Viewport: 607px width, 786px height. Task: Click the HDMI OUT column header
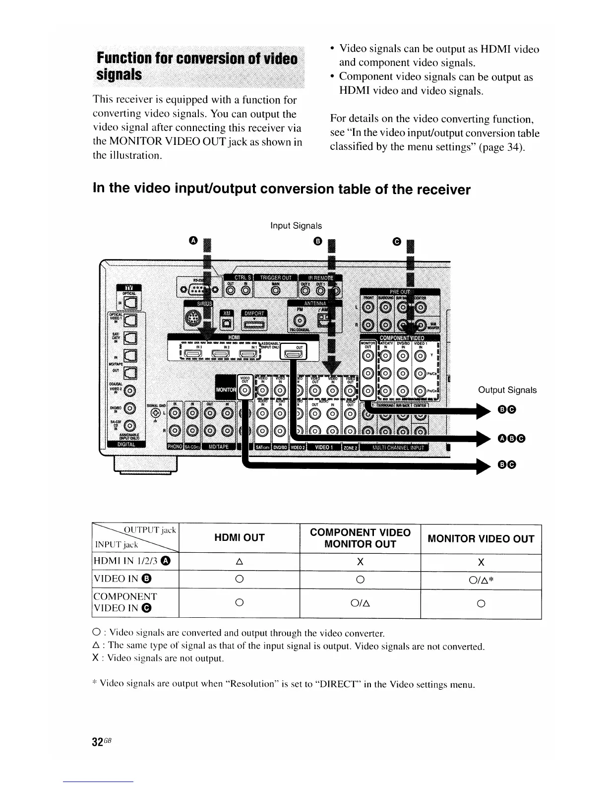[x=239, y=538]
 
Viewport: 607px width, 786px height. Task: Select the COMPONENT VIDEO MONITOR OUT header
[x=360, y=538]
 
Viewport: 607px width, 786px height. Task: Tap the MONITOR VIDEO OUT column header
[x=481, y=539]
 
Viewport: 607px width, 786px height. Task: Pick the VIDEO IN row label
[x=121, y=579]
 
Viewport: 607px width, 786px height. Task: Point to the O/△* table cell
[x=480, y=580]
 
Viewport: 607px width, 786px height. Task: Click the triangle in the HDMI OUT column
[x=239, y=562]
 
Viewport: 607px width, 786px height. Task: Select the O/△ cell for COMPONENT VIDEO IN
[x=360, y=603]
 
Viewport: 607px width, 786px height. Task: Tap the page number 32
[x=98, y=728]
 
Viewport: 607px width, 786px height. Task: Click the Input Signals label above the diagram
[x=296, y=226]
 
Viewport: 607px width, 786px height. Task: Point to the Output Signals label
[x=507, y=390]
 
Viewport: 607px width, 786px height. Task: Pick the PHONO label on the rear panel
[x=175, y=447]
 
